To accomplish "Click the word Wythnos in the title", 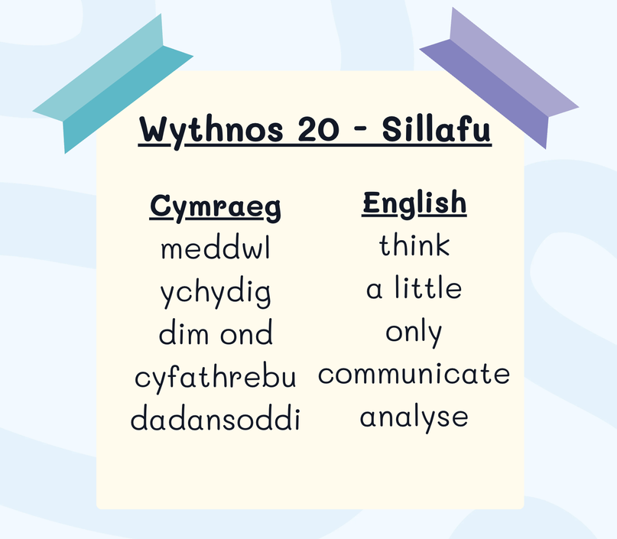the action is [211, 131].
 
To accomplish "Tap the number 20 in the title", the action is [318, 129].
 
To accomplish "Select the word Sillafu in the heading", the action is [437, 128].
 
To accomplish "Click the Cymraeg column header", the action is [216, 207].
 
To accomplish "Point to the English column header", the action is [414, 203].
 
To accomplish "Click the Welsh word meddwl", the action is [216, 248].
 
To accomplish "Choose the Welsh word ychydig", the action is [216, 293].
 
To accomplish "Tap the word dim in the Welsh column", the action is [183, 333].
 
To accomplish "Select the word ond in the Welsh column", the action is [246, 333].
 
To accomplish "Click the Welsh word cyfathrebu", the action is [216, 376].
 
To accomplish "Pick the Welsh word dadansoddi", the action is [216, 417].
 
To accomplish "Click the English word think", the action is [414, 245].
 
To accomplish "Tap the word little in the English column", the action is [428, 287].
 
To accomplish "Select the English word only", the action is [414, 333].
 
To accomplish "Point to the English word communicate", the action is [414, 373].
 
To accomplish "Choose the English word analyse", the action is [414, 418].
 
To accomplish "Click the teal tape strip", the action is [113, 84].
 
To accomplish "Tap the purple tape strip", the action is [499, 78].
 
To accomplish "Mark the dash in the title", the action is [360, 130].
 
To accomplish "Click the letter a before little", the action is [374, 291].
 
